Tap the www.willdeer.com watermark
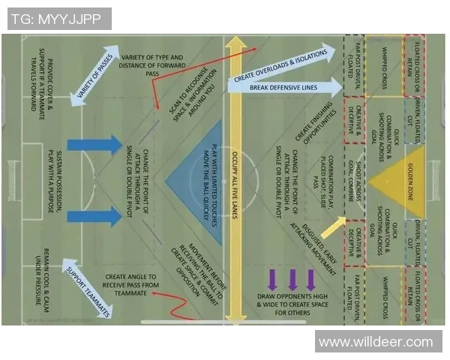pyautogui.click(x=376, y=342)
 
